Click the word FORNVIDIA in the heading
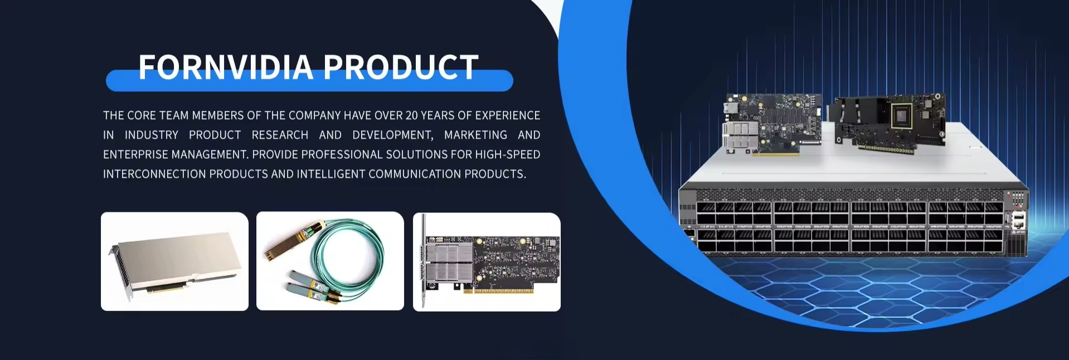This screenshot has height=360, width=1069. pos(226,67)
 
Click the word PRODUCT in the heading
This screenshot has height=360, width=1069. pos(401,67)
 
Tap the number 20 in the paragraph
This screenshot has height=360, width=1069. pos(411,115)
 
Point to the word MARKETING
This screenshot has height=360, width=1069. pos(475,135)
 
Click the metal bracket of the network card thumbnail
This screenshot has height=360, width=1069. pos(424,260)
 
